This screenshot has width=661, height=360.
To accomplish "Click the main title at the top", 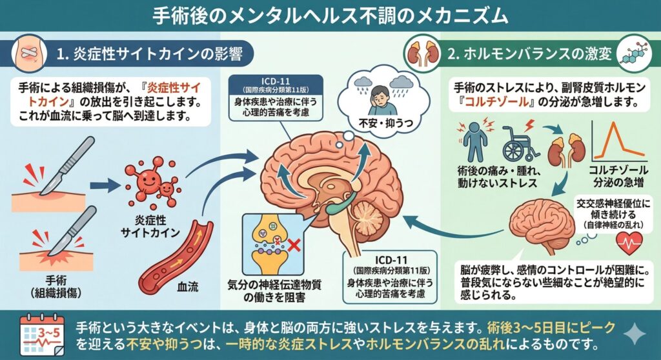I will click(330, 15).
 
